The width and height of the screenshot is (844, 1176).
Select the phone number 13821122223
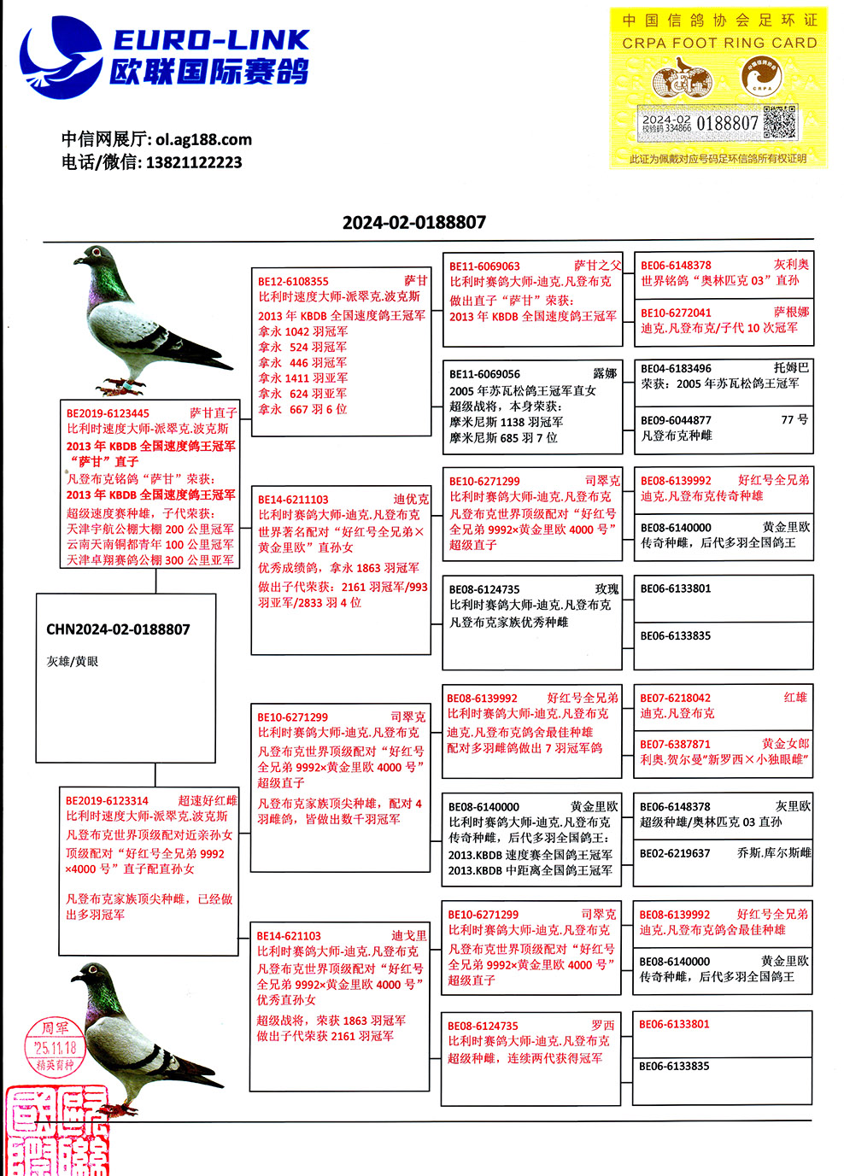coord(194,162)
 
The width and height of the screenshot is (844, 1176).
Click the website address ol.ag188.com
coord(203,139)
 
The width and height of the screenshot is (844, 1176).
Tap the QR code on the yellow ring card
coord(779,122)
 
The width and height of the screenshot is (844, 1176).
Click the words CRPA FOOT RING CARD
coord(719,43)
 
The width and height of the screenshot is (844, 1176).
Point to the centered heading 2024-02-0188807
coord(414,222)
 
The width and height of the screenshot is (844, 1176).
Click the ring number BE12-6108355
coord(293,281)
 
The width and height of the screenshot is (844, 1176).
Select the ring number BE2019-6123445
coord(108,413)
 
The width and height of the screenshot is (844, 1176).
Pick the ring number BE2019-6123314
coord(107,801)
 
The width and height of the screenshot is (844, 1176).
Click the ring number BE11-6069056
coord(484,374)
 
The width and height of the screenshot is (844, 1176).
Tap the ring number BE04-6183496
coord(676,368)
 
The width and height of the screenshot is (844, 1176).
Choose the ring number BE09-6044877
coord(676,420)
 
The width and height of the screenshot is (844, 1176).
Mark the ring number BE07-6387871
coord(675,744)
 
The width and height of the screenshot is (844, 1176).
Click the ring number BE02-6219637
coord(675,853)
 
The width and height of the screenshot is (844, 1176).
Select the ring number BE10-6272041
coord(676,313)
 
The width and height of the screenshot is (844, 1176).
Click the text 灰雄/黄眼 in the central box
coord(73,661)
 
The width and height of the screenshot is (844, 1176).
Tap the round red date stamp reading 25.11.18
coord(55,1046)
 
